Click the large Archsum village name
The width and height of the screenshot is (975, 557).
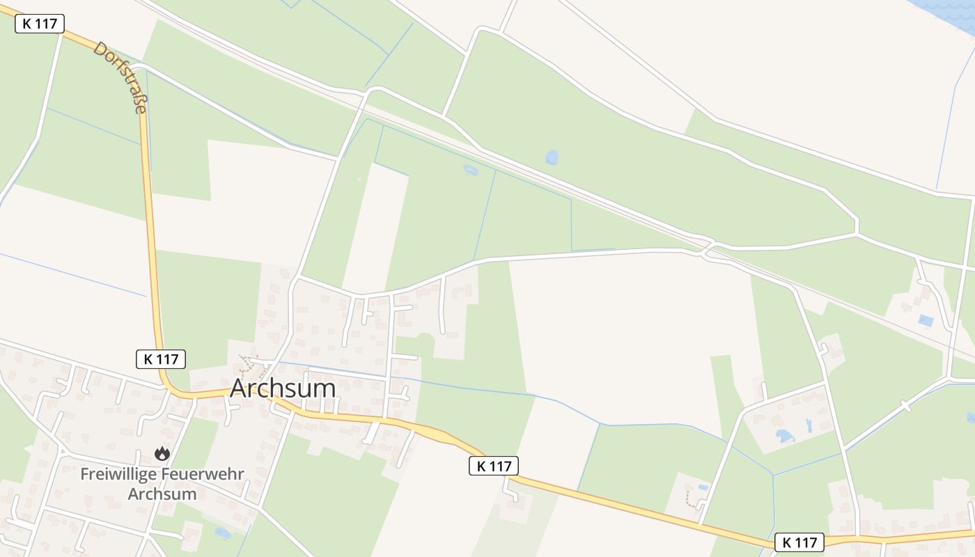283,389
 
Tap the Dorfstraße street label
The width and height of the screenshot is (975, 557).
120,77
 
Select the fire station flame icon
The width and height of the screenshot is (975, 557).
162,454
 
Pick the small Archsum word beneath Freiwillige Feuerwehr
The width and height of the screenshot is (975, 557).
162,494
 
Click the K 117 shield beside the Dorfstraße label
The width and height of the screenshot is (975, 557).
40,24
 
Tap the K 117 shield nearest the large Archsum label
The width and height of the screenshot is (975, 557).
161,359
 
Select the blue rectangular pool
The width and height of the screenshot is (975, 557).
926,321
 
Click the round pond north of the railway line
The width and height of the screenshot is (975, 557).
552,157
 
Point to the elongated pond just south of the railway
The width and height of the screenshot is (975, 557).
471,169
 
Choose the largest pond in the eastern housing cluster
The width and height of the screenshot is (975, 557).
785,437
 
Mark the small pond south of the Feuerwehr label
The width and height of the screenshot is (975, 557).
223,533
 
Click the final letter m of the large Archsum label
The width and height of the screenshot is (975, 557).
325,389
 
